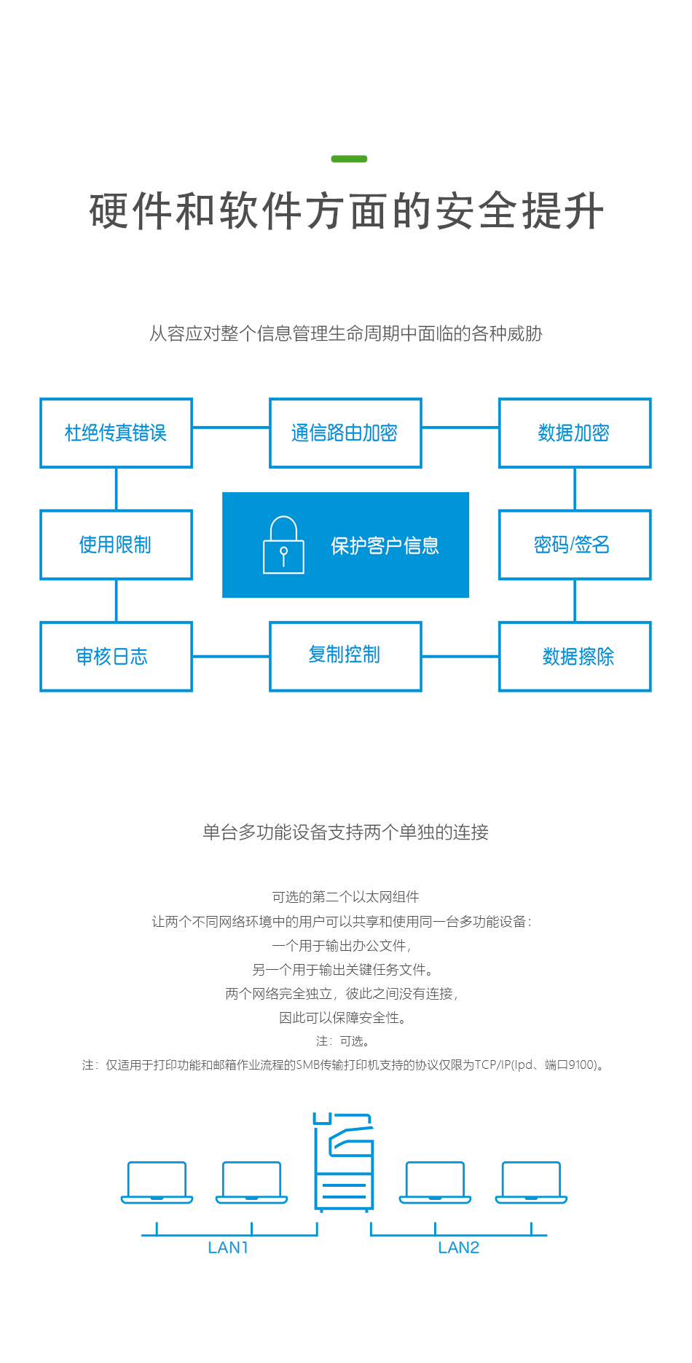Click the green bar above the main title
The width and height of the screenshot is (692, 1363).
click(349, 159)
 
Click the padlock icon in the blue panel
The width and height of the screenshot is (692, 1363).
click(283, 545)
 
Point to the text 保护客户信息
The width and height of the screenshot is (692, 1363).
click(385, 545)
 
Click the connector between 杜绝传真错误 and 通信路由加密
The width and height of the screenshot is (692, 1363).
click(231, 427)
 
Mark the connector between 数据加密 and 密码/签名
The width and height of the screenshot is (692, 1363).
click(575, 489)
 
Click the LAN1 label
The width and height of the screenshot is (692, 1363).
click(228, 1247)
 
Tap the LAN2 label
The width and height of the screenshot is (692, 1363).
click(459, 1247)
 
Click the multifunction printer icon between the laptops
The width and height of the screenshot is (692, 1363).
click(344, 1162)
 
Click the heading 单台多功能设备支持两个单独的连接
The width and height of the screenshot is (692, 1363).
click(345, 832)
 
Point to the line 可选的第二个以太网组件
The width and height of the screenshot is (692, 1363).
click(345, 897)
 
